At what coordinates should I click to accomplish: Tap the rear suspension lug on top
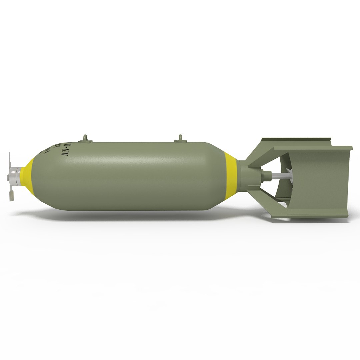(x=181, y=138)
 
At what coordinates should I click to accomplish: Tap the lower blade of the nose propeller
(x=11, y=195)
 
